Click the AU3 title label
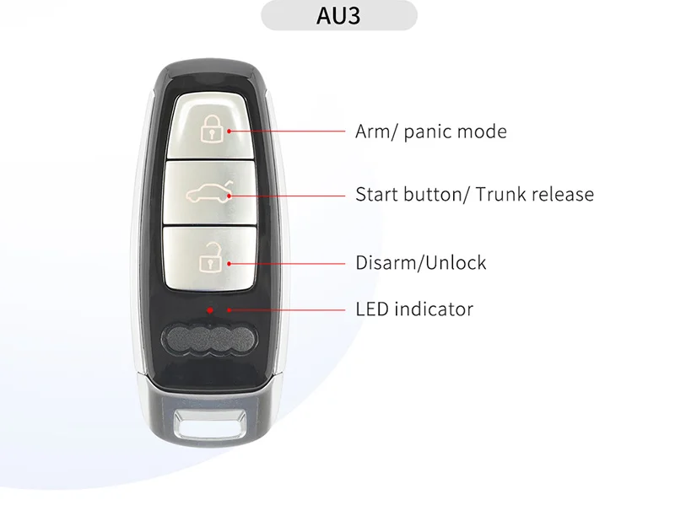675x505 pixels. [338, 16]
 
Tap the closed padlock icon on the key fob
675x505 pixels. [209, 129]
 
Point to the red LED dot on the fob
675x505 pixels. [209, 309]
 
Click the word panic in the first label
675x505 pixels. [428, 132]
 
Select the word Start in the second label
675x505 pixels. [375, 195]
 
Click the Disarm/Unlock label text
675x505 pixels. [421, 262]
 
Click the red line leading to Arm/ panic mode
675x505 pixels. [287, 131]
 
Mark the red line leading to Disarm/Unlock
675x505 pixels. [287, 263]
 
